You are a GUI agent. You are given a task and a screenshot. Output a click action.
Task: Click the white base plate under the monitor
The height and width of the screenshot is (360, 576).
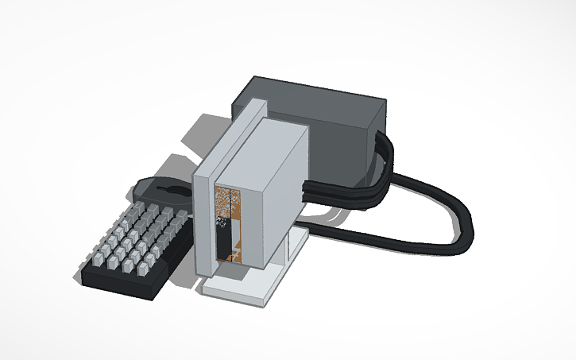[238, 287]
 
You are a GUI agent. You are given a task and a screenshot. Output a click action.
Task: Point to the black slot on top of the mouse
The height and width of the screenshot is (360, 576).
[170, 189]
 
